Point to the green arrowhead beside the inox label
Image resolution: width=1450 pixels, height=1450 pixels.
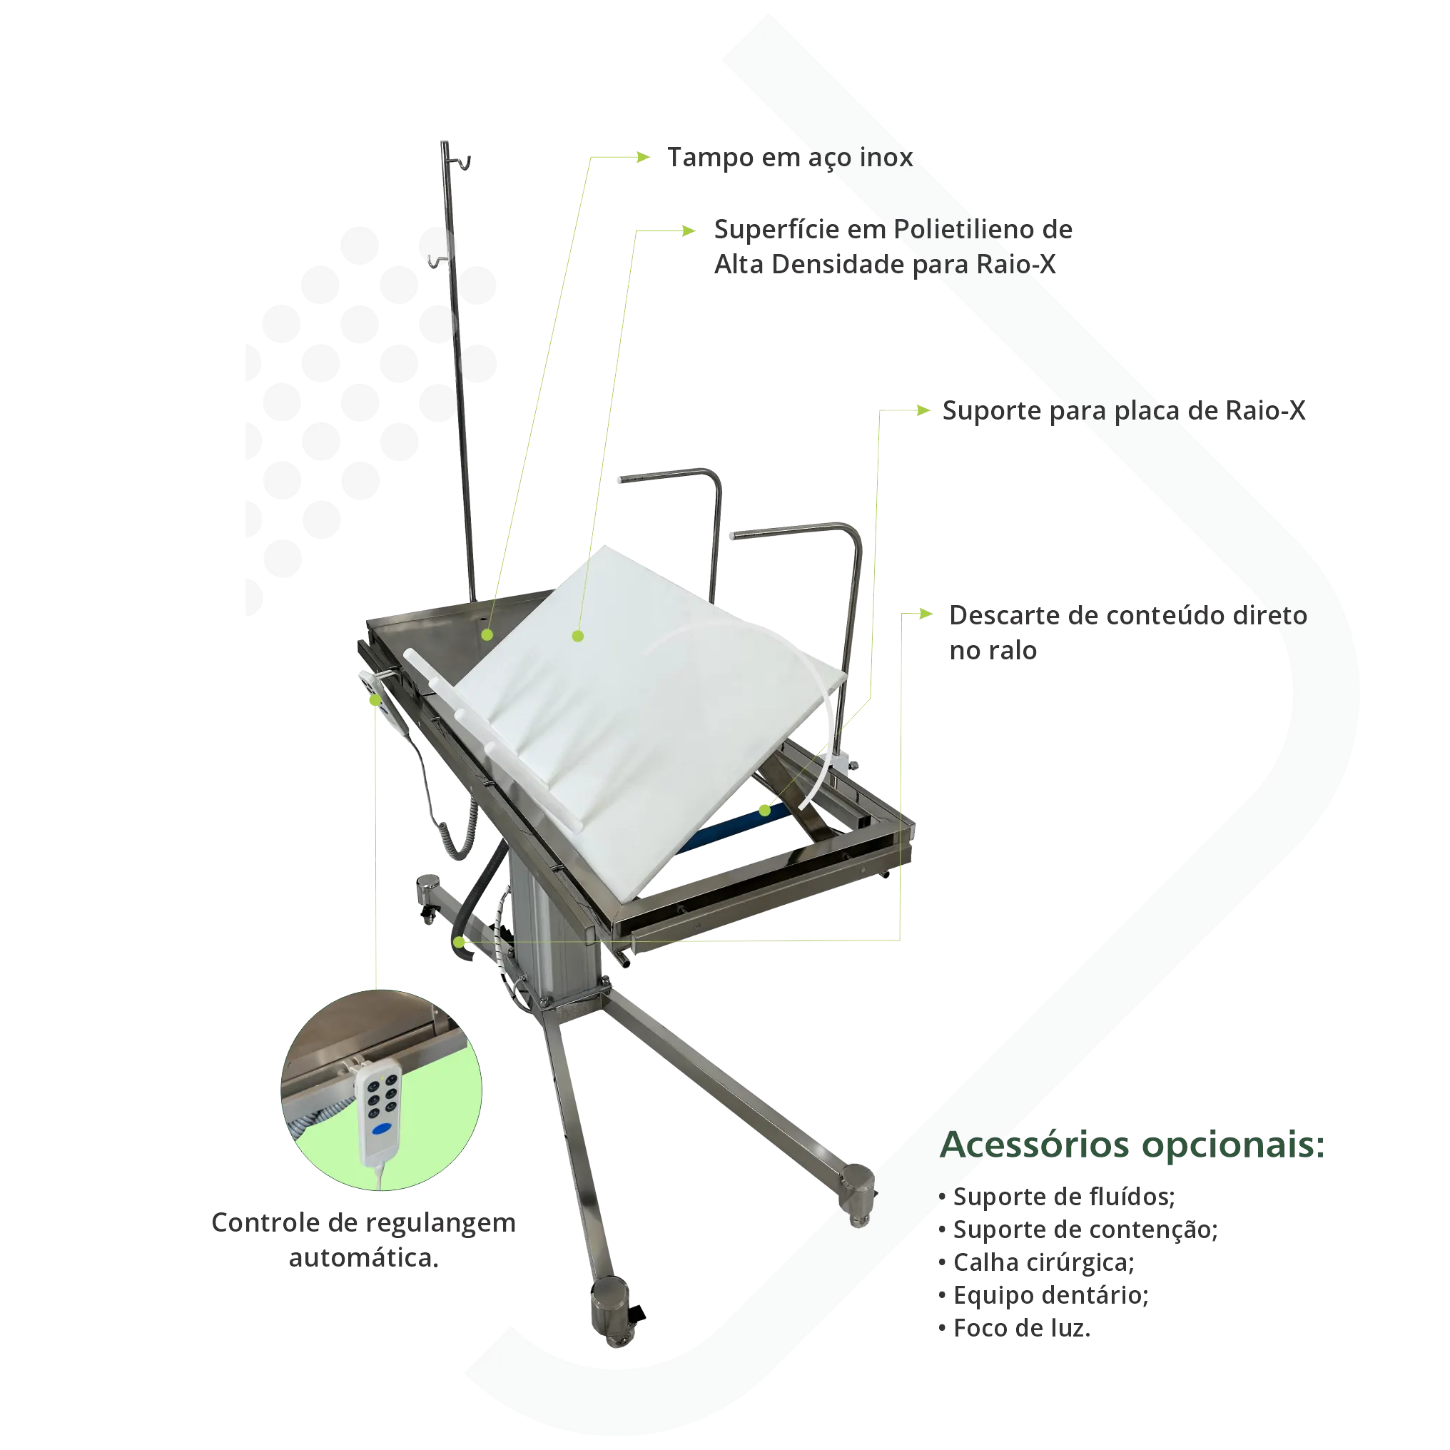coord(641,157)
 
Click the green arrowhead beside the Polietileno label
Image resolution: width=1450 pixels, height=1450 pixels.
coord(686,230)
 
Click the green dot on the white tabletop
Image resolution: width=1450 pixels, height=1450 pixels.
coord(577,636)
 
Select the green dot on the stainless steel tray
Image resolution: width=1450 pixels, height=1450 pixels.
coord(487,635)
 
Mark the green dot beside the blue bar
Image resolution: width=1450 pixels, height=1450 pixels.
coord(764,811)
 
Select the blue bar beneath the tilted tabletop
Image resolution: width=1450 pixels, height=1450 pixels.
coord(721,826)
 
